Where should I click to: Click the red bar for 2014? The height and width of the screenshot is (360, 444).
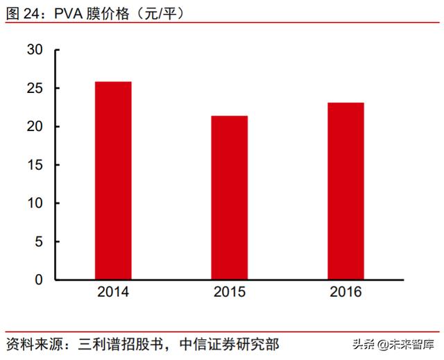tap(113, 181)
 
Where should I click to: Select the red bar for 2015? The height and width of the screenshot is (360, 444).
tap(230, 198)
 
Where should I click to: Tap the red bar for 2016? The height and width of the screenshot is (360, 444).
tap(345, 191)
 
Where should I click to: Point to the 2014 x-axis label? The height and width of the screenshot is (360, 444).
tap(113, 292)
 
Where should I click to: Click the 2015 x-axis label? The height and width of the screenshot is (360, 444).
tap(230, 292)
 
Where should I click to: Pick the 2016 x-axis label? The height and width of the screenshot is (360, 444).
tap(345, 292)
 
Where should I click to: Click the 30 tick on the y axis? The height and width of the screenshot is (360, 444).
tap(35, 50)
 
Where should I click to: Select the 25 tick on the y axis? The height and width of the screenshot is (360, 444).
tap(35, 89)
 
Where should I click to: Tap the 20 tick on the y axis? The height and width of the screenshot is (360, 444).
tap(35, 127)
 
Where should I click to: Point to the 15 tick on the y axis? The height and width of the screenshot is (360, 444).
tap(35, 165)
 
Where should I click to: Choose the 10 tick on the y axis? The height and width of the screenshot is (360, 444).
tap(35, 203)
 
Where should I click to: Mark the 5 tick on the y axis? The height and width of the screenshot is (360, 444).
tap(39, 241)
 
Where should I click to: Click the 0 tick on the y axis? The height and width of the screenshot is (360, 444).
tap(39, 280)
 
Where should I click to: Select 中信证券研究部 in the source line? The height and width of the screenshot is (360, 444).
tap(230, 343)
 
